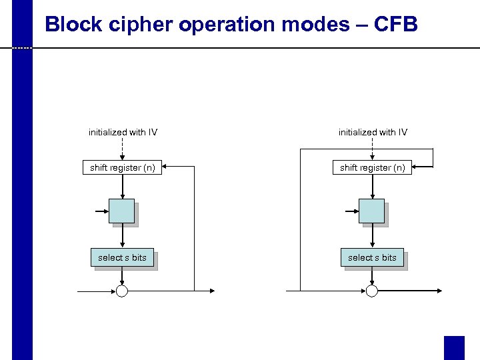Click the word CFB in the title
tap(396, 25)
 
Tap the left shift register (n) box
tap(123, 167)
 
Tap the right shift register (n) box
tap(372, 167)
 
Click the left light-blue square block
tap(122, 211)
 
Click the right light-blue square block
tap(371, 211)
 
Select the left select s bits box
tap(122, 257)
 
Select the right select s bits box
tap(372, 257)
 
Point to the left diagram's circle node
tap(122, 291)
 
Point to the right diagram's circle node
tap(372, 291)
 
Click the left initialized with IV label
tap(123, 132)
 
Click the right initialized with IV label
tap(373, 132)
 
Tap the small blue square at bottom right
tap(454, 347)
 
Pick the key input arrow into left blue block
tap(102, 211)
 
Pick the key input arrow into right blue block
tap(351, 211)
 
